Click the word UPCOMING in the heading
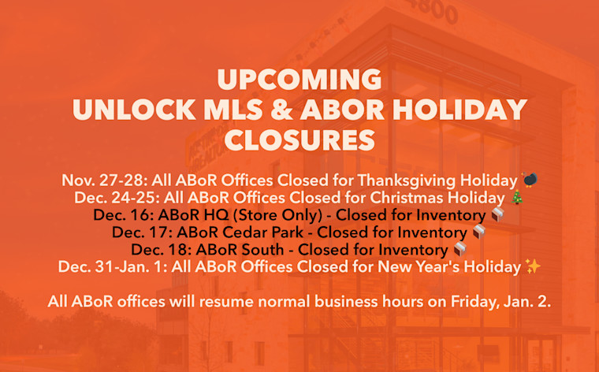299,80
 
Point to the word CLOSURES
299,139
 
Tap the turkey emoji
530,180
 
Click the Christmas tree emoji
516,198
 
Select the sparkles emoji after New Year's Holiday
533,267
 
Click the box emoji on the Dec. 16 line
497,215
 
